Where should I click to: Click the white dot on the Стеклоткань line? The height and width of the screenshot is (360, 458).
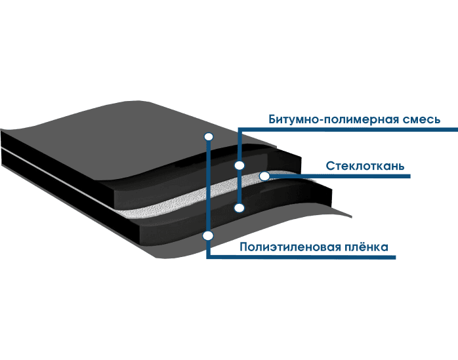pos(264,176)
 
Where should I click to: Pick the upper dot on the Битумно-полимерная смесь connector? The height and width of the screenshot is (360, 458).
pos(239,166)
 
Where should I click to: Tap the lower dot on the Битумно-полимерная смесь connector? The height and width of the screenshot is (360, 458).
pos(239,208)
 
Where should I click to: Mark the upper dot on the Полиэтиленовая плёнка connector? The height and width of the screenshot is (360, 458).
pos(209,136)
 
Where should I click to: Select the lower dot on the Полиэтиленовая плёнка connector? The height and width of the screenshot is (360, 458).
pos(209,235)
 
